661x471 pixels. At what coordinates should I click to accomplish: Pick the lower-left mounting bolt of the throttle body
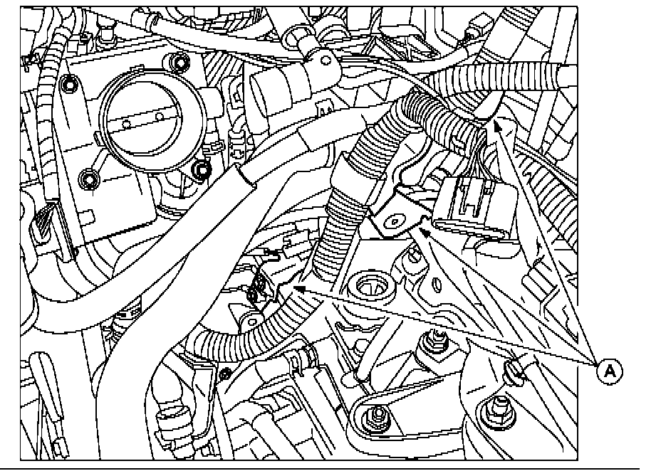tap(89, 180)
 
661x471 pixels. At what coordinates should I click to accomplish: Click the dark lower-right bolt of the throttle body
tap(201, 169)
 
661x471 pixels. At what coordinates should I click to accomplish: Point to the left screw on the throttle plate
tap(126, 123)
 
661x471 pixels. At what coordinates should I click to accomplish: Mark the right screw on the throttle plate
tap(160, 112)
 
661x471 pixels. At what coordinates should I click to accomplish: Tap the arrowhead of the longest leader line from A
tap(298, 289)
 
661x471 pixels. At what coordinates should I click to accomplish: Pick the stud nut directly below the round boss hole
tap(433, 339)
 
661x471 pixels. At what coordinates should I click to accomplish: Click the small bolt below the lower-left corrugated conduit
tap(225, 374)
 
